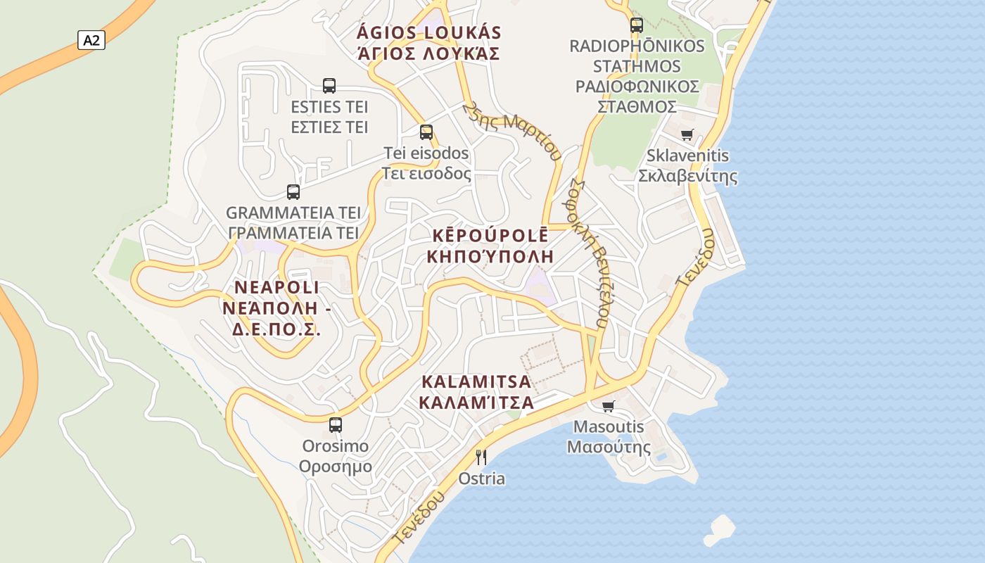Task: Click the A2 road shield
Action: click(91, 40)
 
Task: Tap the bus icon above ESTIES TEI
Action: click(329, 86)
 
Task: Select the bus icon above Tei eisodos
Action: click(426, 132)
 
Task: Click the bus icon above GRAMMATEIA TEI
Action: click(293, 191)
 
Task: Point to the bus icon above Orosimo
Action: click(336, 424)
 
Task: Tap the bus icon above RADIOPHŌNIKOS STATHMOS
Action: click(637, 25)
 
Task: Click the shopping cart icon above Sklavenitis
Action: click(687, 134)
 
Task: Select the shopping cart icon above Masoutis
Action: click(609, 406)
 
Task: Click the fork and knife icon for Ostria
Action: click(481, 457)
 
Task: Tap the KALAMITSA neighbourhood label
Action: click(476, 383)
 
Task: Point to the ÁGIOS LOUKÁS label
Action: click(429, 33)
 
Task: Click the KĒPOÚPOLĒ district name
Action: click(490, 236)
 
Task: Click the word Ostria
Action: click(482, 479)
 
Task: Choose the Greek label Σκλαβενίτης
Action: click(687, 176)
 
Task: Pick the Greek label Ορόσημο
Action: click(336, 467)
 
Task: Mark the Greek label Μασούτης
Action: click(609, 447)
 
